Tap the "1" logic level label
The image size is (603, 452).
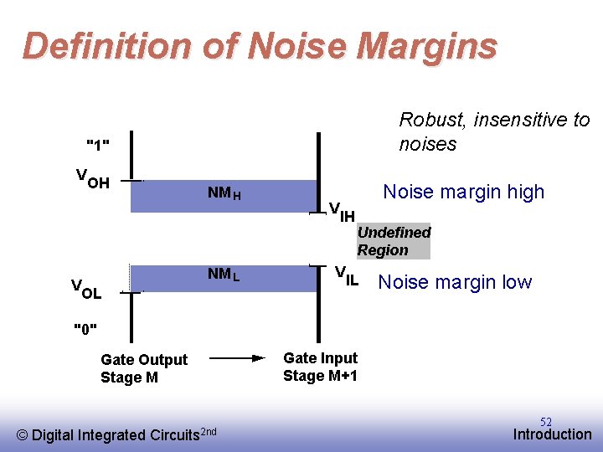coord(99,145)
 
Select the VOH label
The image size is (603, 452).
coord(92,179)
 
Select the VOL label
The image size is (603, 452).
coord(86,290)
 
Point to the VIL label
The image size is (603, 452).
coord(347,275)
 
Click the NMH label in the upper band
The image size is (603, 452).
coord(224,194)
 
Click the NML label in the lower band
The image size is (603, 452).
coord(224,275)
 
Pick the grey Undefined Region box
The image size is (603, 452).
coord(394,241)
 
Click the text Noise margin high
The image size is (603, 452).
coord(463,192)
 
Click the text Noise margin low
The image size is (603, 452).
coord(455,282)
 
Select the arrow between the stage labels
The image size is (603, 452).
coord(236,357)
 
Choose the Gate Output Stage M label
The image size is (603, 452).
coord(144,368)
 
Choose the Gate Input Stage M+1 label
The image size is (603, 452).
coord(320,367)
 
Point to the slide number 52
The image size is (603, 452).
coord(546,422)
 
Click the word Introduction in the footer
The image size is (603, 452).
coord(552,434)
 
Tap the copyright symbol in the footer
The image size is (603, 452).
coord(23,434)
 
